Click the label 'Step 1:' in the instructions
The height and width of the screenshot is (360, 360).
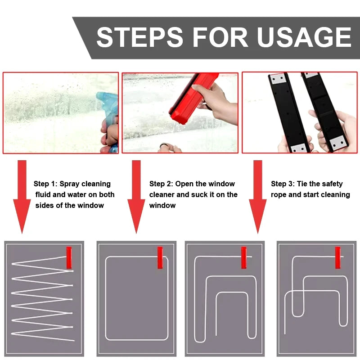coord(45,184)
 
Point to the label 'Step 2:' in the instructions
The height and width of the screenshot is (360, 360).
coord(161,184)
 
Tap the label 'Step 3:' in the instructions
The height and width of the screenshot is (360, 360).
coord(283,184)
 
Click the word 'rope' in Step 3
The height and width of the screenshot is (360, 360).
coord(279,195)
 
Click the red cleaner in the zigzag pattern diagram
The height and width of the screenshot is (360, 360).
coord(69,257)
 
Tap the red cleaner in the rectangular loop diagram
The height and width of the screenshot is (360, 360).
coord(160,257)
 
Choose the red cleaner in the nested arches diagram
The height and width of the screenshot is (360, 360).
coord(243,257)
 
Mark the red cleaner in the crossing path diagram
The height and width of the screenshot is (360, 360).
coord(337,257)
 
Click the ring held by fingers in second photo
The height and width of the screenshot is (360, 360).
coord(164,147)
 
